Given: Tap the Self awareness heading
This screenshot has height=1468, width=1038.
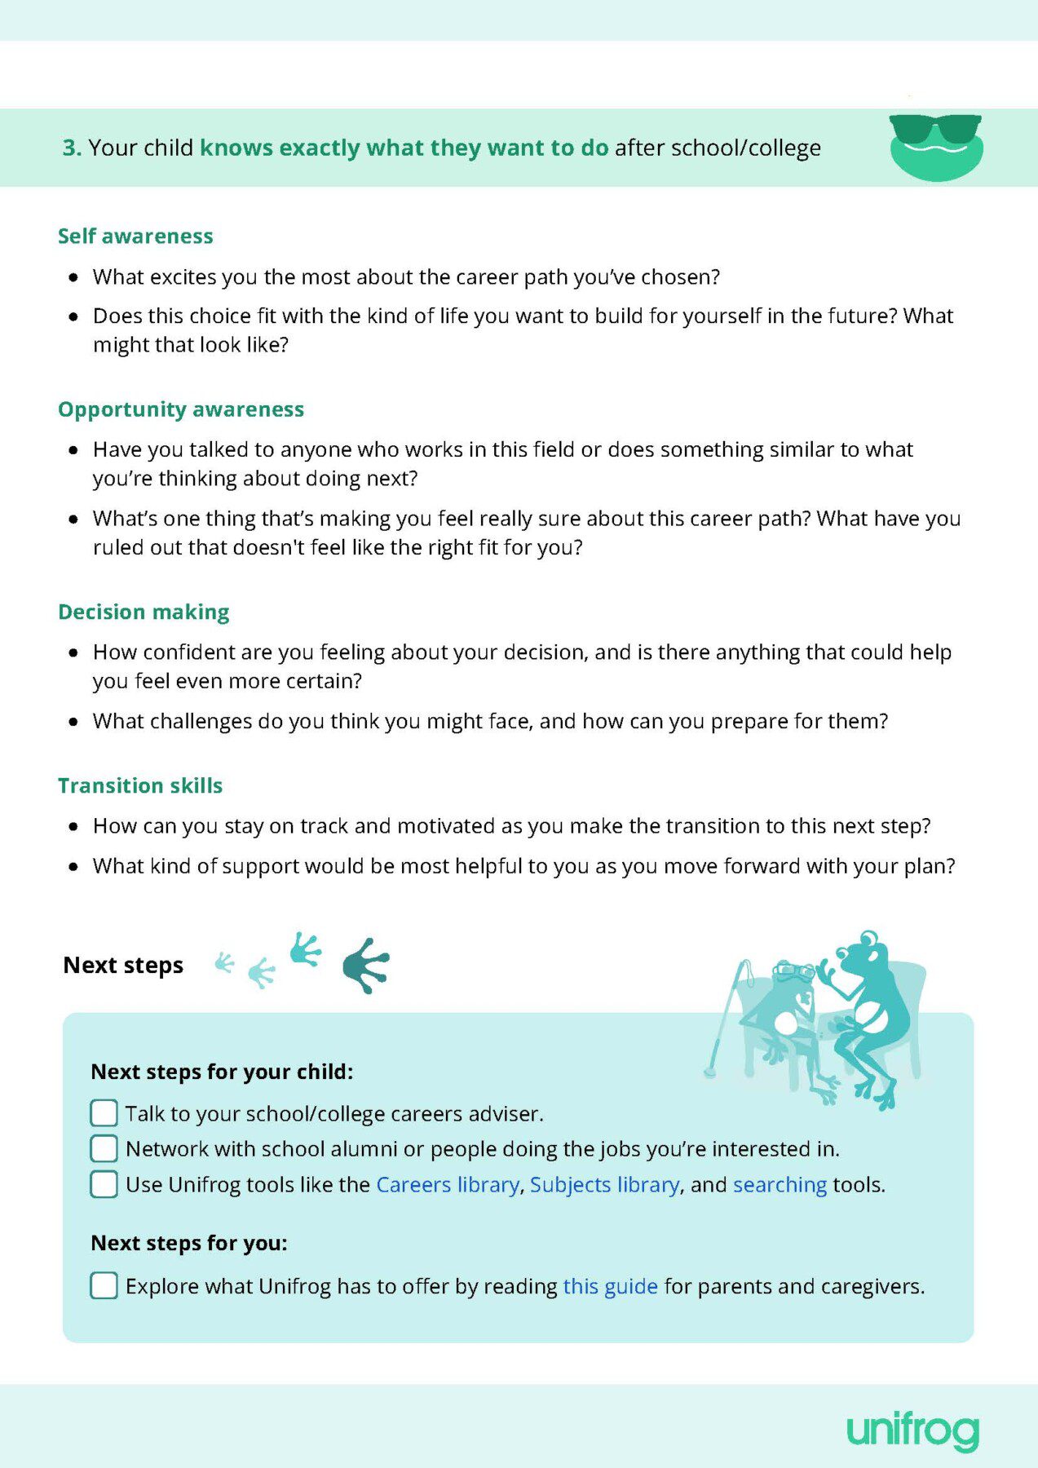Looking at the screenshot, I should coord(135,237).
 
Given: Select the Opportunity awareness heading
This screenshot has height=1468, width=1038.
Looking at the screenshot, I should coord(181,409).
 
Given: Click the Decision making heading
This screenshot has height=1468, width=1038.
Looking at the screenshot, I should coord(144,612).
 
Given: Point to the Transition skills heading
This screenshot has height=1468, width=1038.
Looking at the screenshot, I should coord(140,786).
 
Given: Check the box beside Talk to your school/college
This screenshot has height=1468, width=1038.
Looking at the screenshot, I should coord(104,1113).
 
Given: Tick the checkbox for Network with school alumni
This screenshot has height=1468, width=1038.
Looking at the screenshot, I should coord(104,1149).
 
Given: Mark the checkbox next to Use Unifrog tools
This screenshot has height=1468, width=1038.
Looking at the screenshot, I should coord(104,1184).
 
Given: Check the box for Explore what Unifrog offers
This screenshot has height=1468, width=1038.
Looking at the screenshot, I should coord(104,1286).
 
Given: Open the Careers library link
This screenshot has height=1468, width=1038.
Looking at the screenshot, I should coord(448,1185).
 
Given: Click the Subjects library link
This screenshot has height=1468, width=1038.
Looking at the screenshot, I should coord(604,1185).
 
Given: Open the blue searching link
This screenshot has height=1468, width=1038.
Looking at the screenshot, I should coord(780,1185).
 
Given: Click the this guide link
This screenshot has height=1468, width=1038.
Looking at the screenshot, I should coord(610,1287).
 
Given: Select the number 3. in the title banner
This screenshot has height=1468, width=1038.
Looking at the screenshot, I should coord(72,148).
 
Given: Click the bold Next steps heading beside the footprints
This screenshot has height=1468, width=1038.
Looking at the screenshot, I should coord(123,966).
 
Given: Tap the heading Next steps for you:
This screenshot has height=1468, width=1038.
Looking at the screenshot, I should coord(189,1243).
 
